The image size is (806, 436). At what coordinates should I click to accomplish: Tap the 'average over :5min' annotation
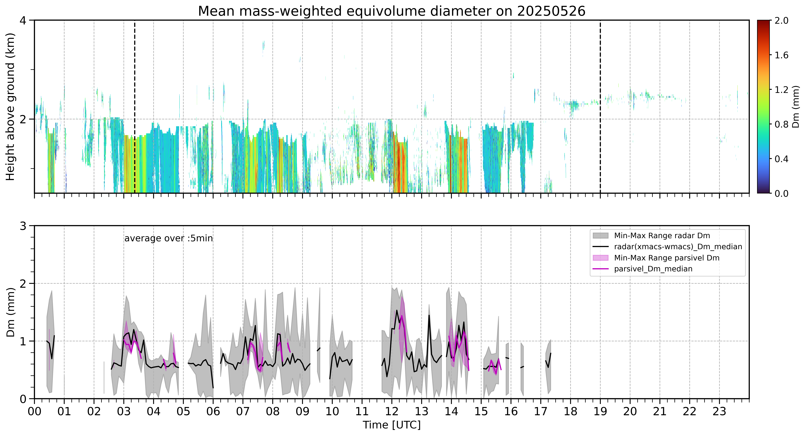click(x=168, y=238)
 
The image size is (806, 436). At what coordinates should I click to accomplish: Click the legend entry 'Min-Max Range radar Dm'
click(x=662, y=236)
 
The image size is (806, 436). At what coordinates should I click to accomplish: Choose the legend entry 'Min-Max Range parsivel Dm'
click(x=667, y=258)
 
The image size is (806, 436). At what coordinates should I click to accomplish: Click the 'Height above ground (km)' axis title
click(x=10, y=107)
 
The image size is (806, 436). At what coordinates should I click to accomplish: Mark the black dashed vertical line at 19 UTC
click(x=600, y=107)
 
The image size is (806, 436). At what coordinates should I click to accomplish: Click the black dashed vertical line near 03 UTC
click(x=135, y=107)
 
